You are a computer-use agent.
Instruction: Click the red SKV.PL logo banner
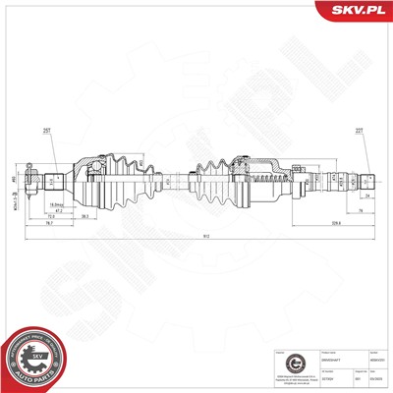(x=355, y=13)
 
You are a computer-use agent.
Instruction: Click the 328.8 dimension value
(x=309, y=223)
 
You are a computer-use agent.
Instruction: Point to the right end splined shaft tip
(x=369, y=180)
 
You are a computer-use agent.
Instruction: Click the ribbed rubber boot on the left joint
(x=128, y=178)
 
